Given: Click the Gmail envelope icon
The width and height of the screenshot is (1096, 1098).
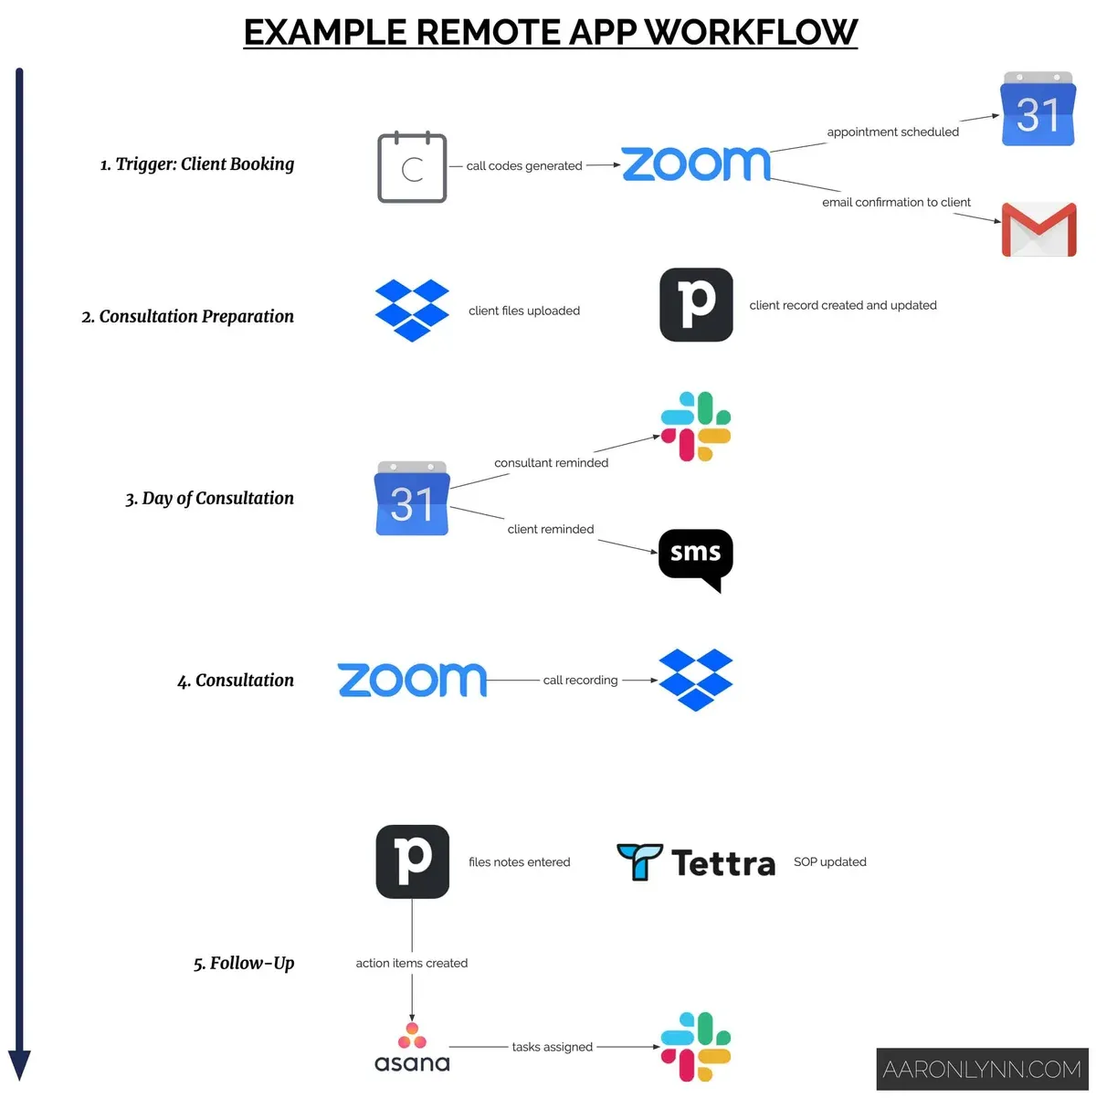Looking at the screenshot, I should click(x=1038, y=229).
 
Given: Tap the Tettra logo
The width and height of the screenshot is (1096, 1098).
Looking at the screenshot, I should click(x=696, y=862).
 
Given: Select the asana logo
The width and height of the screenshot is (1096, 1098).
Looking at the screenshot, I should click(x=412, y=1049).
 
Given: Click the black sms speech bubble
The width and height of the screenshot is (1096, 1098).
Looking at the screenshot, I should click(x=695, y=557).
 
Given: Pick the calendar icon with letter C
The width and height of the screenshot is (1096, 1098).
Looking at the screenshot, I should click(x=412, y=168).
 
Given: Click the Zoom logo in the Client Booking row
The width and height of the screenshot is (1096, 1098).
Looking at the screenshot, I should click(x=696, y=164).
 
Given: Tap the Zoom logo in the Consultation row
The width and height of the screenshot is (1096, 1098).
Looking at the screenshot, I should click(x=412, y=681).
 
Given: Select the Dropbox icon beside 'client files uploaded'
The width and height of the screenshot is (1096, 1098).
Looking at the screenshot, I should click(x=412, y=311).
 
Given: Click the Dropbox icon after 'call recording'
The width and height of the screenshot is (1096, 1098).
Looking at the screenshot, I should click(x=696, y=681).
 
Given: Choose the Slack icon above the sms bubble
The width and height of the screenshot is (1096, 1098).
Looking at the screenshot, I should click(x=696, y=427).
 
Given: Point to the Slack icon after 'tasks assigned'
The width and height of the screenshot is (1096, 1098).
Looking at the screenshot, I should click(x=696, y=1047).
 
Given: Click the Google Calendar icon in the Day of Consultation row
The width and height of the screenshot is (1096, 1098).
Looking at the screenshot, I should click(x=412, y=499).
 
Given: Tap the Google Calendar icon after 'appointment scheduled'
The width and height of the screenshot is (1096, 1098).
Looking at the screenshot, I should click(x=1038, y=110).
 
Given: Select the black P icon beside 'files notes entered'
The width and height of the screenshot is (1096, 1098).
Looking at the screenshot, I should click(x=412, y=861).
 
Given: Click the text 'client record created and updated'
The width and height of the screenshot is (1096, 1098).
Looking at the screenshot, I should click(x=843, y=306).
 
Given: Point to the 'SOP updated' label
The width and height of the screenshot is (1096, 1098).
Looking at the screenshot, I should click(x=829, y=861).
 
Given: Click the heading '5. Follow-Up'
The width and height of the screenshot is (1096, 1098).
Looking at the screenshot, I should click(x=244, y=963).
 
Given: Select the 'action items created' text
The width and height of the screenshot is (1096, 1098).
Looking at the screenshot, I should click(x=412, y=963).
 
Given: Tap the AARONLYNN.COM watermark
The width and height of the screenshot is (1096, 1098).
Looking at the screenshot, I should click(x=982, y=1070).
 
